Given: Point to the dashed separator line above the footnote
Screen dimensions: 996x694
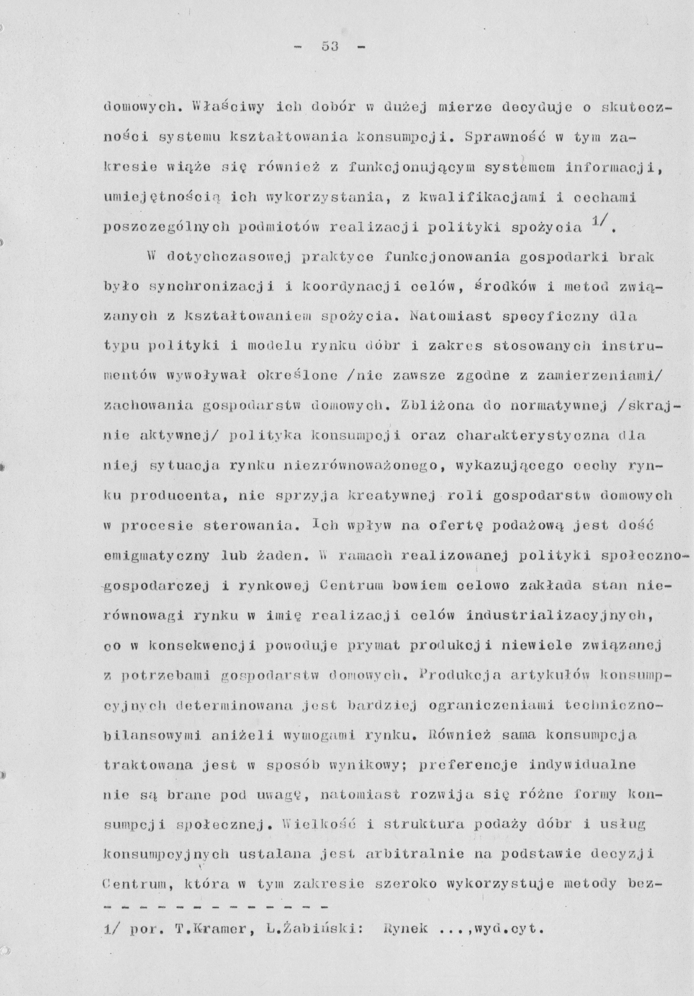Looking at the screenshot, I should [215, 904].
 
